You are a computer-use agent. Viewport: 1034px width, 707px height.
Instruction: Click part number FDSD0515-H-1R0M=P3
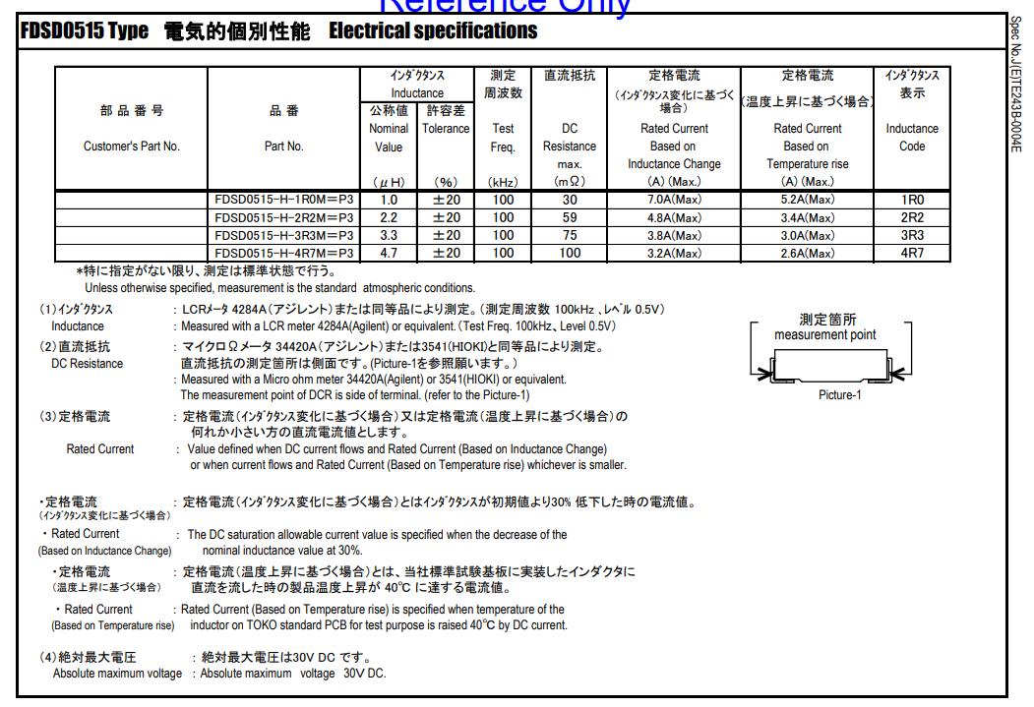coord(283,200)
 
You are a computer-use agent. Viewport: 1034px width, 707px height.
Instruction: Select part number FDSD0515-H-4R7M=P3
coord(283,253)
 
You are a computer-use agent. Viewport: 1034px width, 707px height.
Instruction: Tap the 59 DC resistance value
coord(570,217)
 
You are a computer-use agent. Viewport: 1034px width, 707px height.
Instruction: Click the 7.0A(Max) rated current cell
coord(674,200)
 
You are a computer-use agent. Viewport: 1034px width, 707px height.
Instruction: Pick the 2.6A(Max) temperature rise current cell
coord(808,253)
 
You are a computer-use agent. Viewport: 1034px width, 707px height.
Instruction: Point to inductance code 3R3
coord(912,235)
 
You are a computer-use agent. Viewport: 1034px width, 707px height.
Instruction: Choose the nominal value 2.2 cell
coord(389,217)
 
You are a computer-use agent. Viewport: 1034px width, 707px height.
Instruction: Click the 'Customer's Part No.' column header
coord(132,147)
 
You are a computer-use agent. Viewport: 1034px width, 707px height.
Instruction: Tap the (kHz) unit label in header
coord(503,182)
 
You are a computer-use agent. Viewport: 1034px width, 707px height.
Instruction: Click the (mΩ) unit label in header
coord(570,182)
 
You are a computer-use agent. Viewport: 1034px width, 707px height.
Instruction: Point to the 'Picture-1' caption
coord(839,395)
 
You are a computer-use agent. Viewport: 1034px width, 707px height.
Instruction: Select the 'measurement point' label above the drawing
coord(824,335)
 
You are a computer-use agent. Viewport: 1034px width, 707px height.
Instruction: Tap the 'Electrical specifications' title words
coord(433,31)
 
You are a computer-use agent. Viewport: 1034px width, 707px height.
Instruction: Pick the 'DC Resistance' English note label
coord(88,364)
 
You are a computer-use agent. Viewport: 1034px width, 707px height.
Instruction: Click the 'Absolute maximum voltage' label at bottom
coord(117,674)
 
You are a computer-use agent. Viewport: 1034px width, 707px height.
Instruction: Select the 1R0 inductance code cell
coord(912,200)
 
